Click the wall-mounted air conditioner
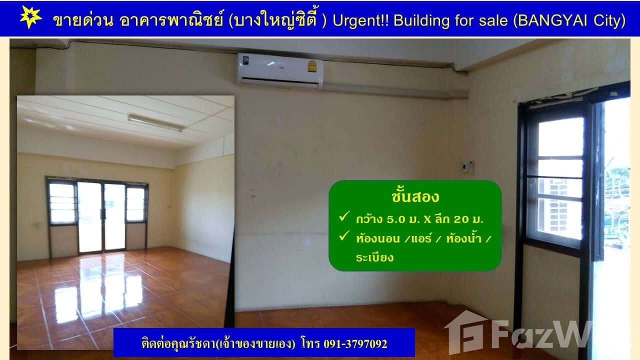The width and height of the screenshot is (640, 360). click(280, 70)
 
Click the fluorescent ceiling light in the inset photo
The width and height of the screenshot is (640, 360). click(156, 123)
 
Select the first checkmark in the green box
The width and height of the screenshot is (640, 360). click(343, 217)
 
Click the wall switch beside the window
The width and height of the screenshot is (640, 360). click(468, 165)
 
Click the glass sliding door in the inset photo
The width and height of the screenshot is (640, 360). click(102, 216)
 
